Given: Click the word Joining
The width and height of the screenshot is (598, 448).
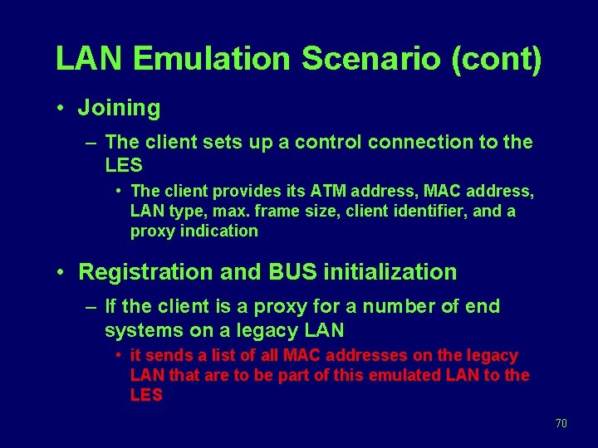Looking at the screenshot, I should click(119, 108).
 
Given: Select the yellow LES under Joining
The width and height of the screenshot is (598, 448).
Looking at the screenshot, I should click(125, 165).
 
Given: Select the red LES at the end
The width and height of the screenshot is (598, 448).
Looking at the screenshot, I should click(146, 395).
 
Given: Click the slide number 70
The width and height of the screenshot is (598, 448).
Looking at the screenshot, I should click(561, 424).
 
